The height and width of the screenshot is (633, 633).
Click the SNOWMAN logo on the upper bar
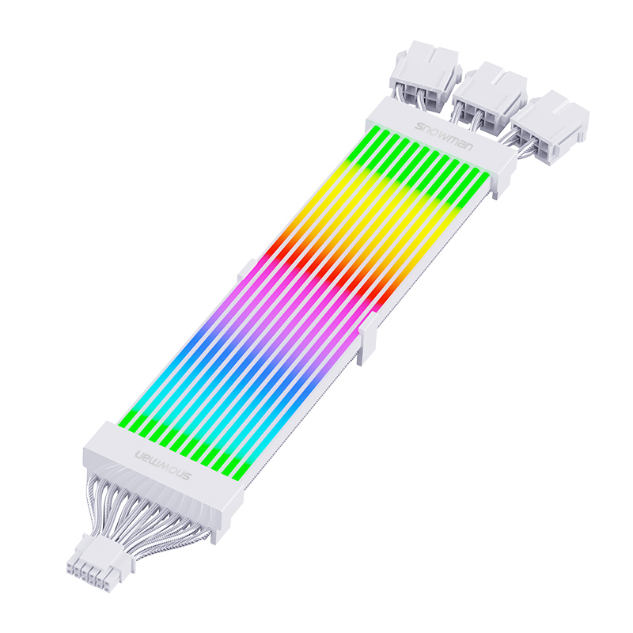(443, 136)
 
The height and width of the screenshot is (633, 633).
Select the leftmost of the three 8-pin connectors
(426, 76)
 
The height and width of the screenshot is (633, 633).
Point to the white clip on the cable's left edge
(247, 270)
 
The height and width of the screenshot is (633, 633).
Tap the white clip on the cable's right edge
(368, 339)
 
